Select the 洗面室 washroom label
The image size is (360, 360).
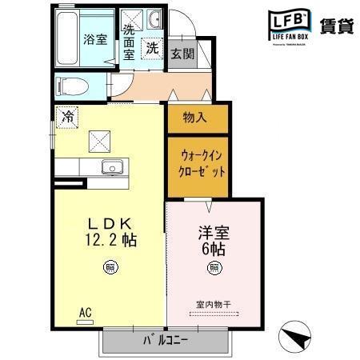coord(129,42)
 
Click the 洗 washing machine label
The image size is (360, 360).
coord(152,49)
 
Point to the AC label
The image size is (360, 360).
coord(84,312)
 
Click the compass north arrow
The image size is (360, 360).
coord(295,335)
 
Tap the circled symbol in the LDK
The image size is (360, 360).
coord(108,267)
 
